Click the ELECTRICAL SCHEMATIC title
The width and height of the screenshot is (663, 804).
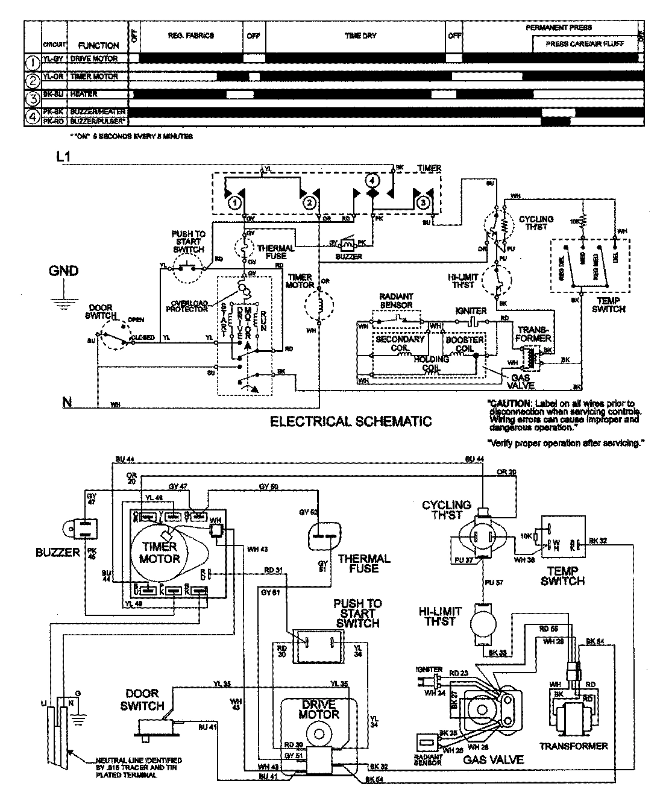[x=351, y=421]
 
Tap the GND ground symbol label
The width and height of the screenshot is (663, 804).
[x=63, y=271]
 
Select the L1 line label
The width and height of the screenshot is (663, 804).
[x=64, y=158]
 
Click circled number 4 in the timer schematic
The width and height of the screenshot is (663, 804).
[x=372, y=180]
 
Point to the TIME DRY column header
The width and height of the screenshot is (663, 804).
[x=360, y=36]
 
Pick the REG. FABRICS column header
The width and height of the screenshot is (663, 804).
[x=190, y=36]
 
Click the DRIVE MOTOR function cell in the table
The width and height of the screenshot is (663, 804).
[x=94, y=59]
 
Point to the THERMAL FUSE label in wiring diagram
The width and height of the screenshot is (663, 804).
[x=364, y=563]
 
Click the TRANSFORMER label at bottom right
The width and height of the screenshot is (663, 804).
[x=573, y=746]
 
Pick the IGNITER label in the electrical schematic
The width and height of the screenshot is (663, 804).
[x=471, y=311]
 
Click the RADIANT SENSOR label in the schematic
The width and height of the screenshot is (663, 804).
[x=396, y=301]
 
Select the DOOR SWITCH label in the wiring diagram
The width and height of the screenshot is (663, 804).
[x=142, y=700]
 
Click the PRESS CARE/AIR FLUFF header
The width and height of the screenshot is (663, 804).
[x=585, y=43]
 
